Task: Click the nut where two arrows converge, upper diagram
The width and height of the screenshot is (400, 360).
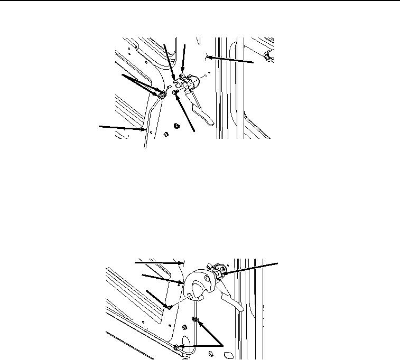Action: click(x=162, y=94)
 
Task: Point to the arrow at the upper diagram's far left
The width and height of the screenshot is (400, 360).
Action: click(x=122, y=127)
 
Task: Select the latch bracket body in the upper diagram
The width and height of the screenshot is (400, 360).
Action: click(x=187, y=84)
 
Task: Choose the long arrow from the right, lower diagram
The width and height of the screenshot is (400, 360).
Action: click(x=251, y=267)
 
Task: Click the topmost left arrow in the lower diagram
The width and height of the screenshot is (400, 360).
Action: click(x=159, y=261)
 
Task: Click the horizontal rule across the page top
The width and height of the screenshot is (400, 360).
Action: click(x=200, y=1)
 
